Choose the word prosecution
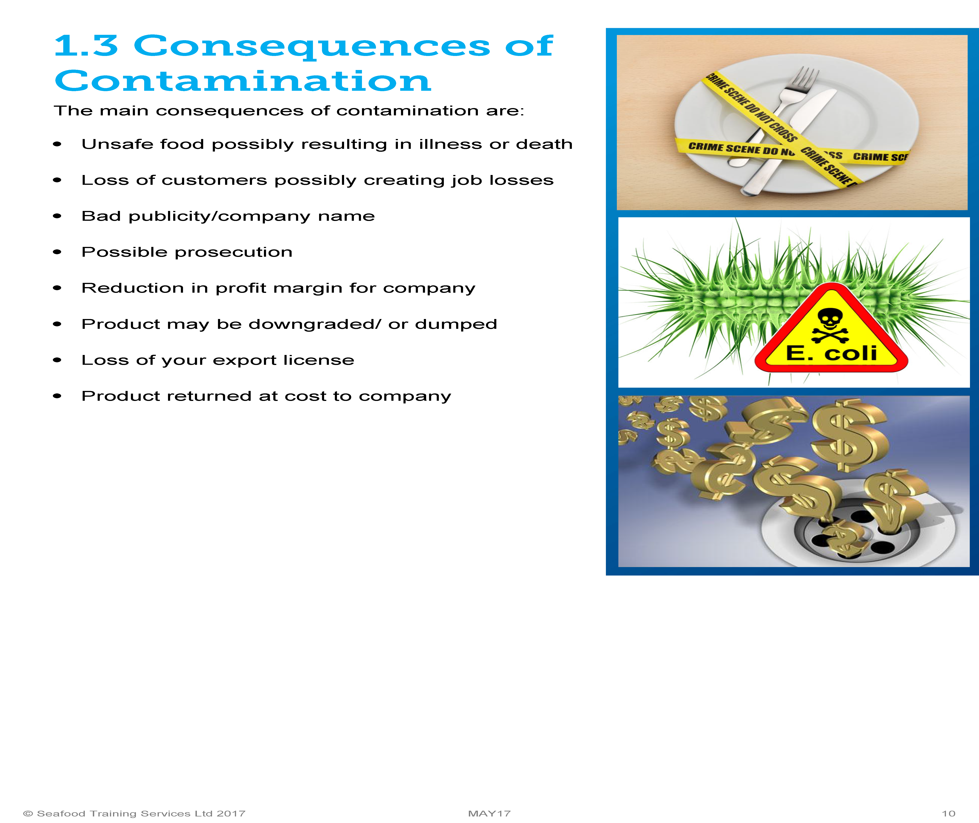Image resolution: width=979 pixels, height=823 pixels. tap(233, 252)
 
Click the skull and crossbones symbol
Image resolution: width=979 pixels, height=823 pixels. tap(830, 326)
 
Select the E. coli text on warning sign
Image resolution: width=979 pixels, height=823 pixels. tap(831, 353)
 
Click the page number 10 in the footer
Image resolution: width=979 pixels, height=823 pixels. tap(948, 813)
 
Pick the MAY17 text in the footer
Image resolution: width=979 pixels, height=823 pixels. tap(489, 813)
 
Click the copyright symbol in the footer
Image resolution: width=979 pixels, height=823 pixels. tap(28, 813)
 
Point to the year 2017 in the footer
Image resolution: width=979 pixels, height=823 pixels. tap(231, 813)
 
